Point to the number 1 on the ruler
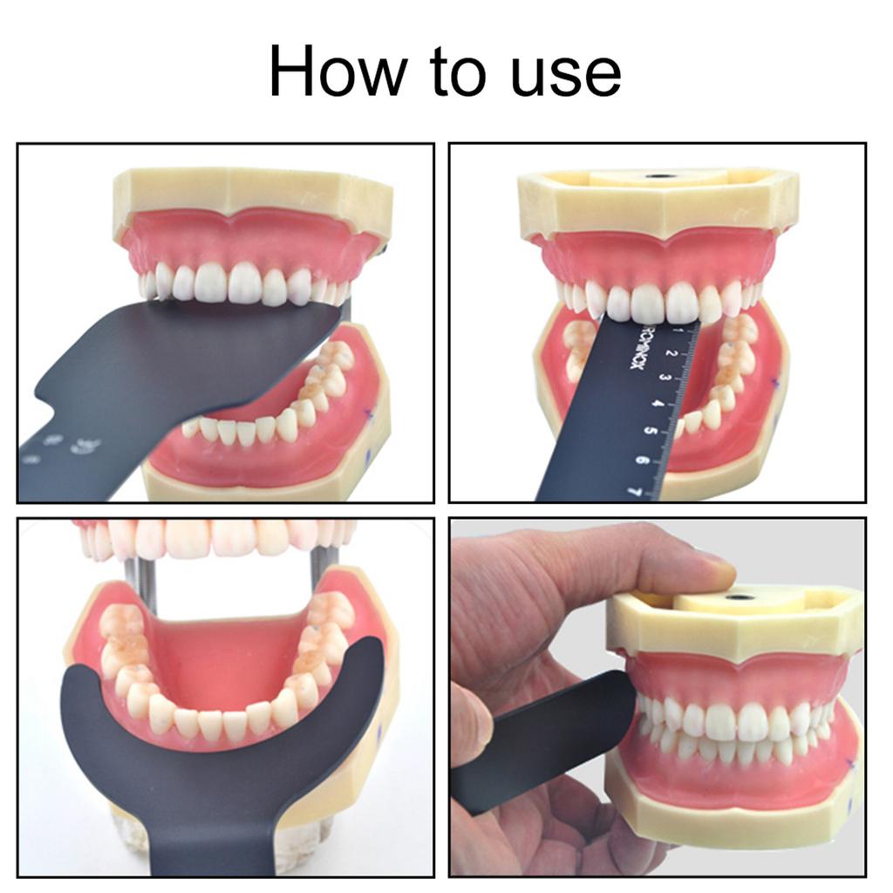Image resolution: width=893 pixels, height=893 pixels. [x=678, y=331]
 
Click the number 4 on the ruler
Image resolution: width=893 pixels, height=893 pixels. [x=658, y=403]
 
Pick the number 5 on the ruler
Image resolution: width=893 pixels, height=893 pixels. [x=651, y=429]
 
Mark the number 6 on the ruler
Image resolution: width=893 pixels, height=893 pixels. [x=644, y=459]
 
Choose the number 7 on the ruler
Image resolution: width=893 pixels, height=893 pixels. [x=637, y=490]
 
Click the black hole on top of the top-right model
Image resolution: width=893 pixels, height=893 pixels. [x=660, y=175]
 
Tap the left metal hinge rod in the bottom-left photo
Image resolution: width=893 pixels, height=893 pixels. [x=135, y=572]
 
